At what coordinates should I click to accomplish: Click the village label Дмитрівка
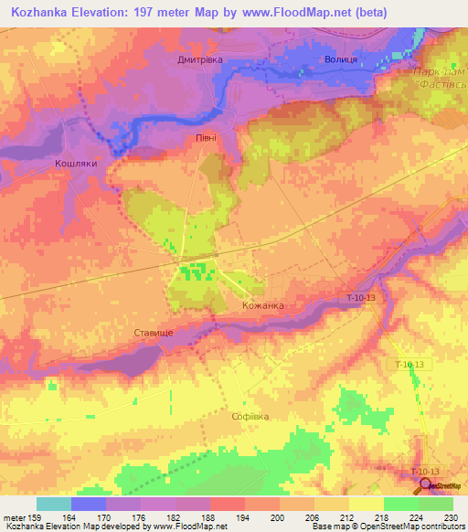[199, 59]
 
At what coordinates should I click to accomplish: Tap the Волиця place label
[341, 59]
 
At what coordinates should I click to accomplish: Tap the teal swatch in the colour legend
[53, 504]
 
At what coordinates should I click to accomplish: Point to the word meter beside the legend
[14, 517]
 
